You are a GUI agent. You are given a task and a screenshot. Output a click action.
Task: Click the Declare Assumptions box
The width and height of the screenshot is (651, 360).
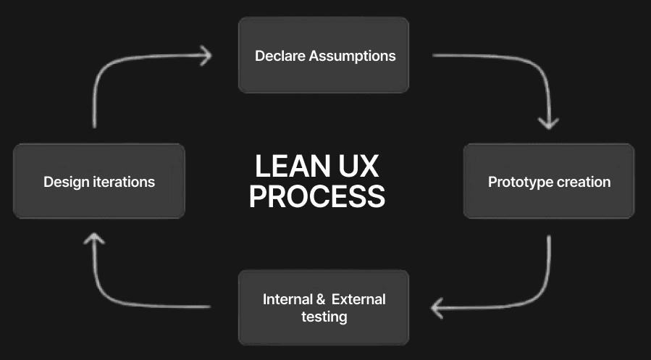click(324, 55)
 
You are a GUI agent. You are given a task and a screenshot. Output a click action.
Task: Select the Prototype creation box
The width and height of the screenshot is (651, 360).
click(548, 181)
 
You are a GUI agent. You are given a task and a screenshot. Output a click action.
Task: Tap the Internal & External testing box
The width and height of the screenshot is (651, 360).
click(324, 307)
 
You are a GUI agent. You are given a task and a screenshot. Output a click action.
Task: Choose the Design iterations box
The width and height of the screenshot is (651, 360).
click(99, 181)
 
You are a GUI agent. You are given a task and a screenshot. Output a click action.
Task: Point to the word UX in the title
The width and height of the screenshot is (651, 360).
click(358, 167)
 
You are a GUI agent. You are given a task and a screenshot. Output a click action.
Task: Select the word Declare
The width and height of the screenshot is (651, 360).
click(280, 56)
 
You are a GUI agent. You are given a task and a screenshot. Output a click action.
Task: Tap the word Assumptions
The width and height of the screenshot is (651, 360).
click(353, 56)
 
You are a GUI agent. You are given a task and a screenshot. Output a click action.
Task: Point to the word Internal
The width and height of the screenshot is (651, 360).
click(285, 299)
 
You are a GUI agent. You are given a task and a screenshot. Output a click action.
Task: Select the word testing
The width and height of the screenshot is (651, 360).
click(324, 317)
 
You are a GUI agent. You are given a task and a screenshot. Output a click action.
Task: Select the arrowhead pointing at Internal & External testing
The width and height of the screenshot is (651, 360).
click(437, 309)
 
